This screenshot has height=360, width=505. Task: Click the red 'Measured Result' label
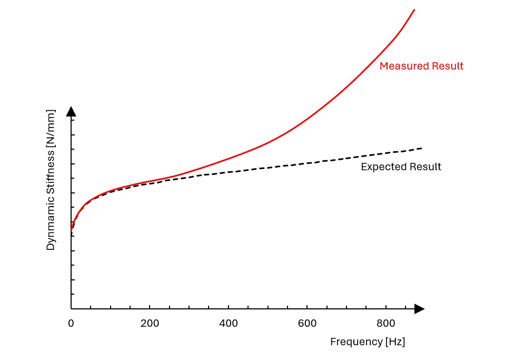421,66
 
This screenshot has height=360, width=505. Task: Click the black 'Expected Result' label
401,167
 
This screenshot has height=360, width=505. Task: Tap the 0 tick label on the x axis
71,323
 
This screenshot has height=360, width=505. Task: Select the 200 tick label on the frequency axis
150,323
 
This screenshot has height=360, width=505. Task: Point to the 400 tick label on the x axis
228,323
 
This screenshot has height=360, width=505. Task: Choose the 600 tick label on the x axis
307,323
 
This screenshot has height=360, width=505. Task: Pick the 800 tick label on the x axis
386,323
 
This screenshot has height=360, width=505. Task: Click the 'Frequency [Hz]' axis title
368,342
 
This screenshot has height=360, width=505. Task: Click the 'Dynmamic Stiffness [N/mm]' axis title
51,180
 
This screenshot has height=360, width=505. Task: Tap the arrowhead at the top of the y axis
71,111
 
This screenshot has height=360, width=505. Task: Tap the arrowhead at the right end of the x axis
419,309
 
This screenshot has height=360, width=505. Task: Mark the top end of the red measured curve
414,9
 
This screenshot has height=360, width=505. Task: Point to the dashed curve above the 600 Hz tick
307,163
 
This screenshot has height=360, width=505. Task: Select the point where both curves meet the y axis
71,230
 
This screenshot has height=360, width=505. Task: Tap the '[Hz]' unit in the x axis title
395,342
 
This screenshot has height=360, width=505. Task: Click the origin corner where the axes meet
71,309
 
